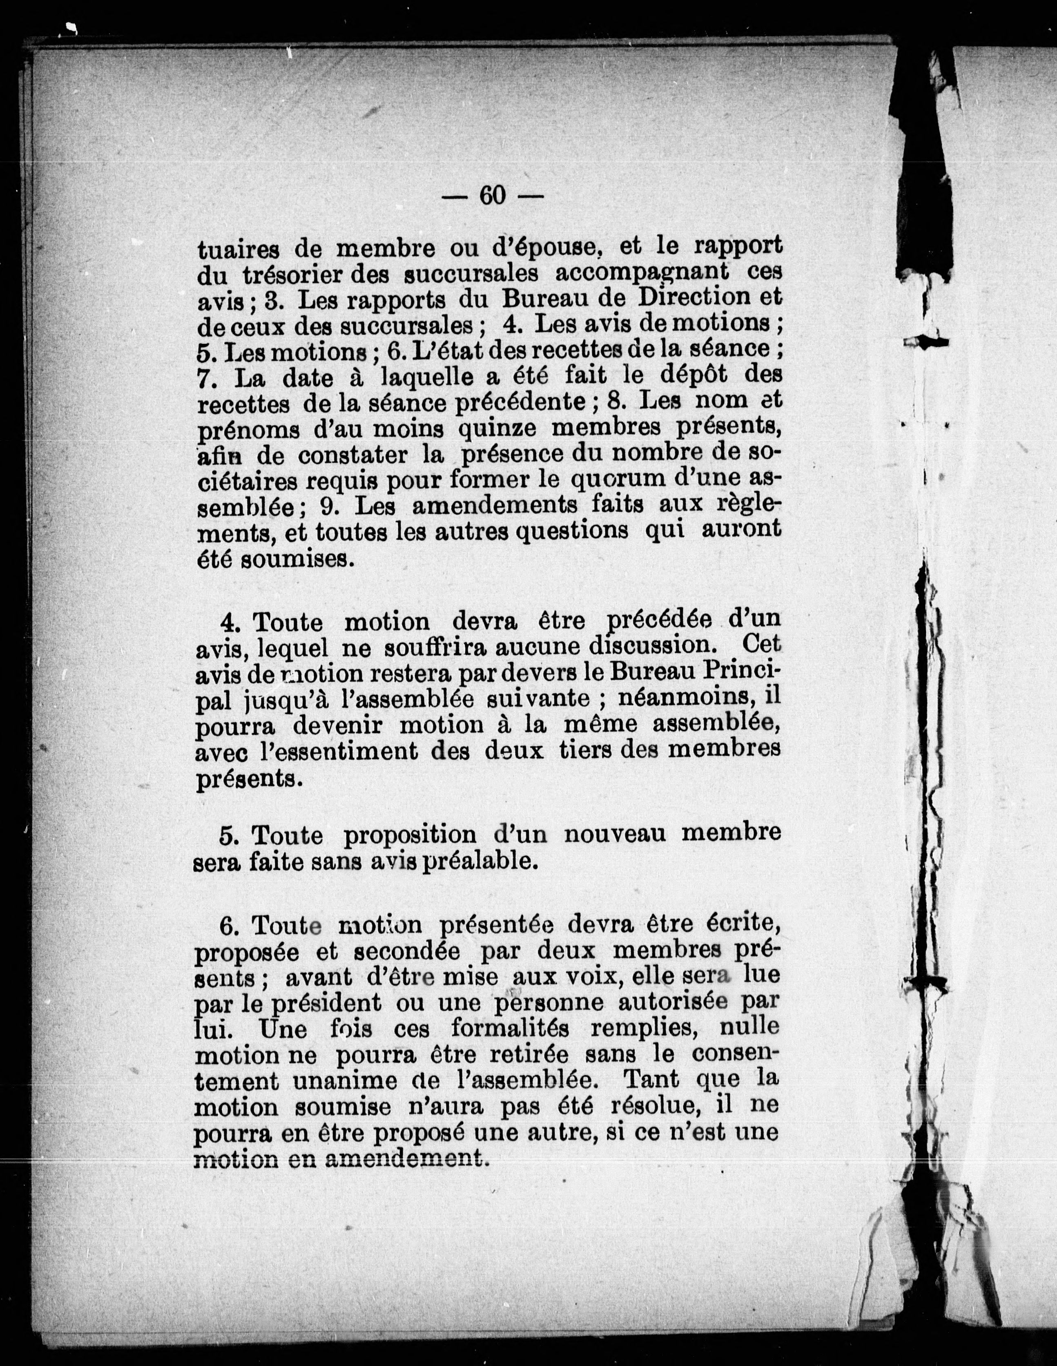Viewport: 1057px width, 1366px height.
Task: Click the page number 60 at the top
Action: pos(492,195)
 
